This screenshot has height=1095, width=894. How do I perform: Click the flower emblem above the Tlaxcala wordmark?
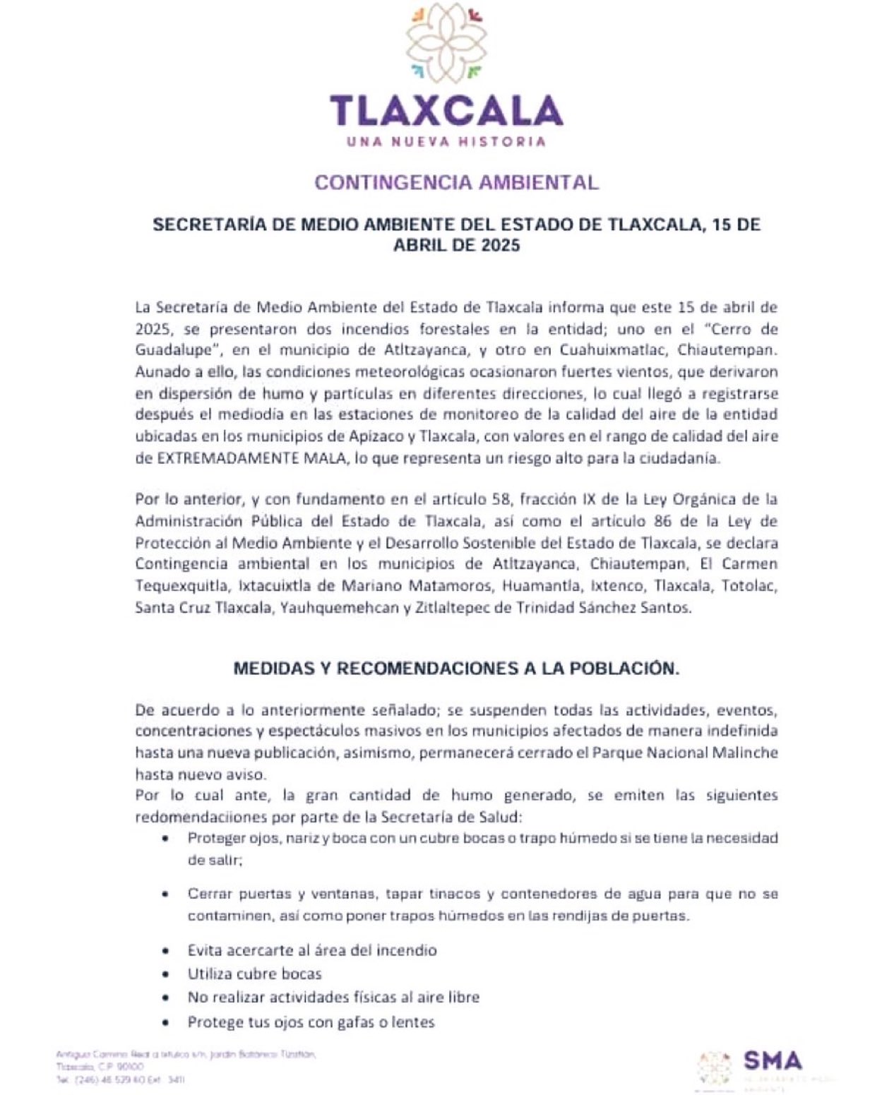coord(446,43)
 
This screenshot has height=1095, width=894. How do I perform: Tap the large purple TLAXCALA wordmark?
coord(446,110)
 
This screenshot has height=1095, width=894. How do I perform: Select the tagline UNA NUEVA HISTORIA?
coord(446,141)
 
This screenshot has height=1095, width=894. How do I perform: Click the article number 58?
coord(500,499)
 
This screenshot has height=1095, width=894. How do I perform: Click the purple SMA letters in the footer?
coord(773,1060)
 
